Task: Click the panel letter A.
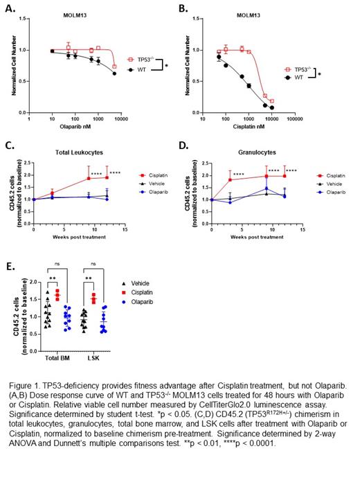click(9, 10)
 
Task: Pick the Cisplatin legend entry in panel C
click(152, 177)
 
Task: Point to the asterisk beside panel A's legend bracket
click(166, 66)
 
